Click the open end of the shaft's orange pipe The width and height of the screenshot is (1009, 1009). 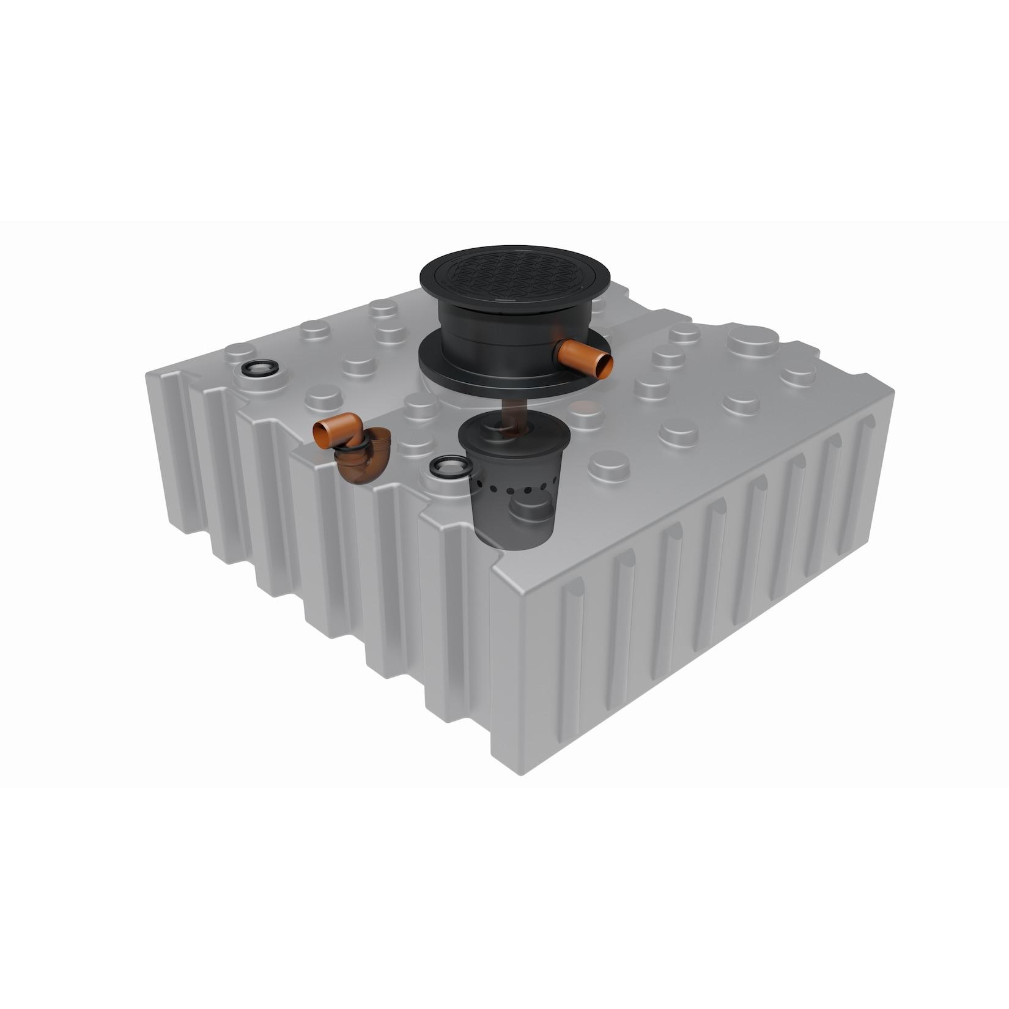point(605,366)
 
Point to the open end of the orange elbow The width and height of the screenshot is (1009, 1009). point(320,434)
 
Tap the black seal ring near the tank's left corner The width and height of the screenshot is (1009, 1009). point(260,368)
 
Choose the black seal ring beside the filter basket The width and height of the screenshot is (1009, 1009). point(449,466)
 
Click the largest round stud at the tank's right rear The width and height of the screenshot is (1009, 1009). point(752,340)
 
